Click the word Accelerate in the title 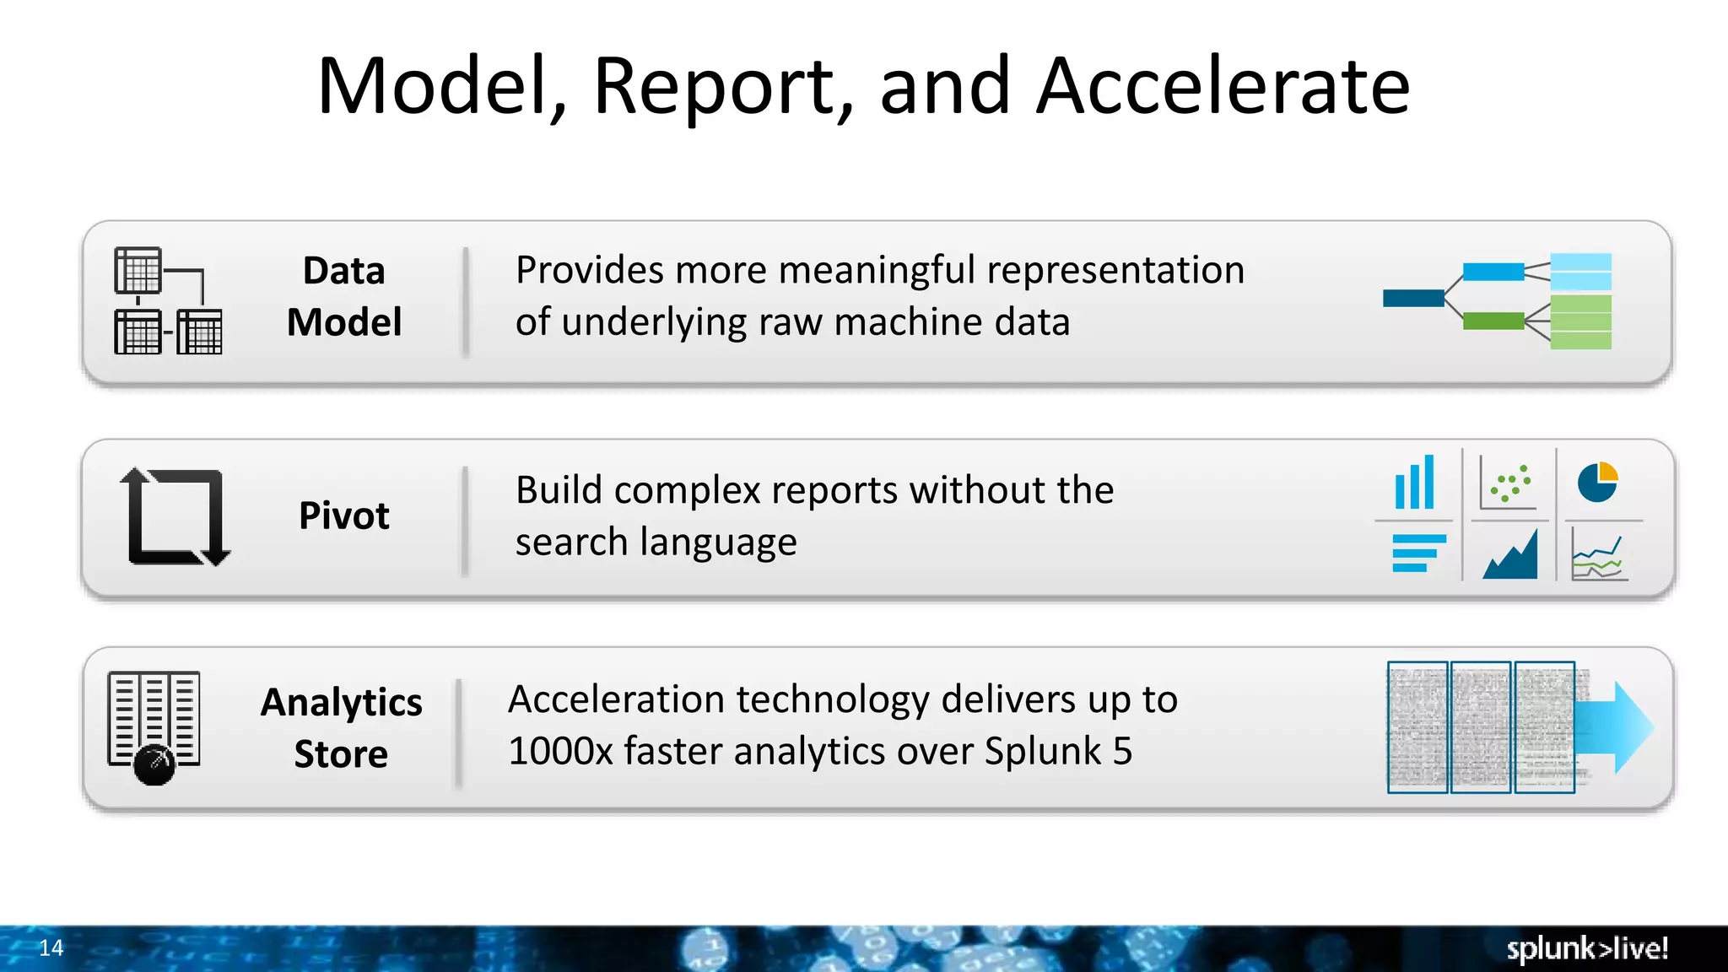tap(1223, 86)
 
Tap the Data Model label tap(344, 297)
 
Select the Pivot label tap(344, 516)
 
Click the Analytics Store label tap(341, 727)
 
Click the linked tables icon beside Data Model tap(168, 301)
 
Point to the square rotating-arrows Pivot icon tap(175, 516)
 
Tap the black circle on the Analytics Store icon tap(154, 764)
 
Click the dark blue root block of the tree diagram tap(1413, 298)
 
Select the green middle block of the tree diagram tap(1493, 321)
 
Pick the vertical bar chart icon tap(1414, 483)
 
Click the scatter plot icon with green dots tap(1509, 483)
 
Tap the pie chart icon tap(1597, 482)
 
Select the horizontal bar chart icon tap(1418, 553)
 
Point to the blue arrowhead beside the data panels tap(1630, 727)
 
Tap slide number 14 tap(51, 948)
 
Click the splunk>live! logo tap(1586, 949)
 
